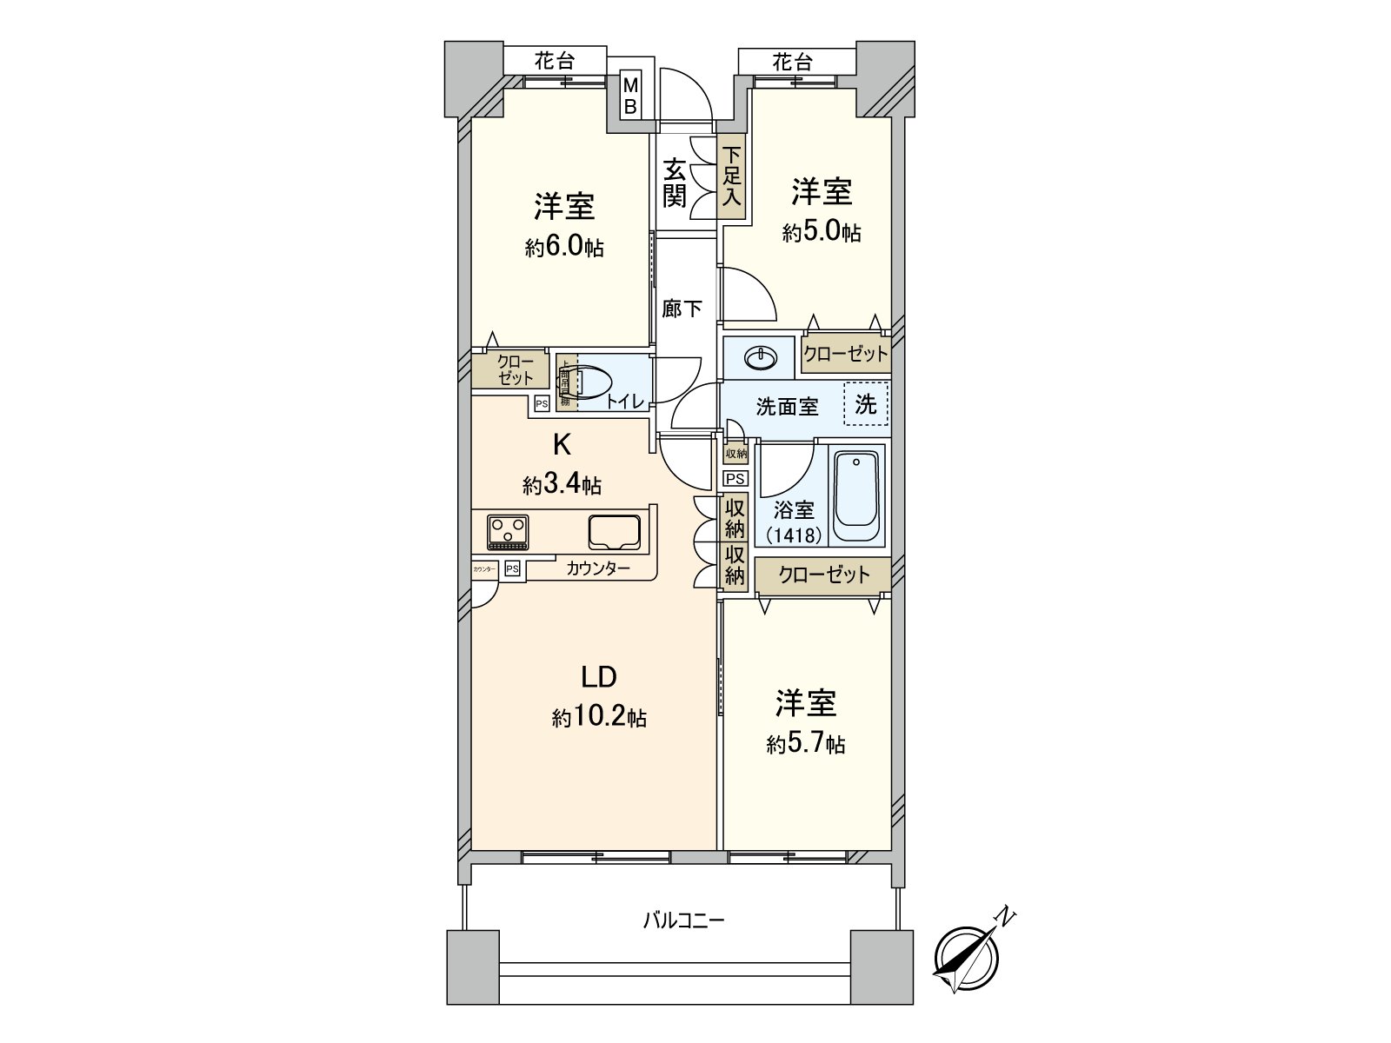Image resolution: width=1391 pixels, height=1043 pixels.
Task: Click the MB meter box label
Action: click(x=630, y=96)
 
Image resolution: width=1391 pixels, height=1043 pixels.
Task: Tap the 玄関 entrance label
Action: click(x=675, y=182)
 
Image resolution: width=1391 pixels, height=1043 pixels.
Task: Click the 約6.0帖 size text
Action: click(x=564, y=249)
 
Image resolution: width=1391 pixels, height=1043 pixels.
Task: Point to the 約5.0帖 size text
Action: click(x=821, y=233)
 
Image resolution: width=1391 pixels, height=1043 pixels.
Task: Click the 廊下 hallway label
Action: click(x=682, y=309)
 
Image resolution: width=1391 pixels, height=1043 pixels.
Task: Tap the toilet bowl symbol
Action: click(x=591, y=383)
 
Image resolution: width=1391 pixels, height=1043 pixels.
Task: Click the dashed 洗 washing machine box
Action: click(x=866, y=404)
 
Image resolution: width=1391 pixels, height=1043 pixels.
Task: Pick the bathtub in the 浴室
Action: click(x=856, y=495)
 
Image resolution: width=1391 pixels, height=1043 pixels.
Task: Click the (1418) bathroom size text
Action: click(x=794, y=535)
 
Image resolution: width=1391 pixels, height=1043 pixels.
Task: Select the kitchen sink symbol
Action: click(x=615, y=532)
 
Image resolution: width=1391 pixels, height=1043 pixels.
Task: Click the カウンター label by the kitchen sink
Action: click(x=598, y=569)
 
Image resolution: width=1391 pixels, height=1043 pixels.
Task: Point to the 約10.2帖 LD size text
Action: click(x=598, y=718)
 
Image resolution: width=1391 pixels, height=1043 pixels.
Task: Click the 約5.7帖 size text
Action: click(x=805, y=745)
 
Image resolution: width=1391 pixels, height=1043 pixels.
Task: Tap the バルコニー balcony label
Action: click(x=683, y=920)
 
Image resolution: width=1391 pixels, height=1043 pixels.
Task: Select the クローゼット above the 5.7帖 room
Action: click(x=823, y=575)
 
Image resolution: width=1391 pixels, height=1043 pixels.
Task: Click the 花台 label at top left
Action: click(x=555, y=61)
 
